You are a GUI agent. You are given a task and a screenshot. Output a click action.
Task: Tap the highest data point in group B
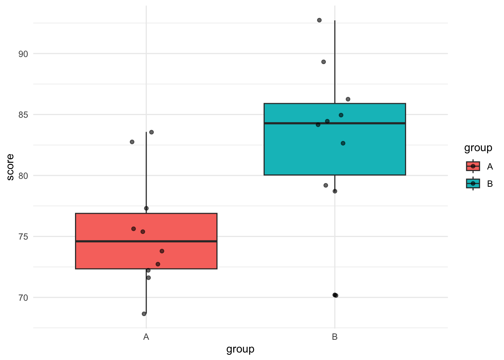pos(319,20)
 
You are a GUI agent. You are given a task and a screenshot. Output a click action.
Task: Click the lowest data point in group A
pos(144,313)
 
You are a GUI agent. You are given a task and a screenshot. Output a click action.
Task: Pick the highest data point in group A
pos(151,132)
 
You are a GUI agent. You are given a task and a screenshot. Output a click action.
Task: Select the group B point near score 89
pos(323,62)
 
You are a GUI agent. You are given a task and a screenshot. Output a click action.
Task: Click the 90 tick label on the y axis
pos(23,54)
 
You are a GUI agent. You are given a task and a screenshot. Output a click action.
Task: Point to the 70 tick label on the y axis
pos(23,298)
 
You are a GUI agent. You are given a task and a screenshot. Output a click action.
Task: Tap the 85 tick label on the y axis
pos(23,115)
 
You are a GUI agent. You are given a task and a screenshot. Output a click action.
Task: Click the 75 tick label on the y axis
pos(23,237)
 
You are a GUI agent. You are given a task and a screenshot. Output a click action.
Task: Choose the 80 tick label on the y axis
pos(23,176)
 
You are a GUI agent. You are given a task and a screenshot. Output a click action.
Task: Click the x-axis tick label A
pos(146,337)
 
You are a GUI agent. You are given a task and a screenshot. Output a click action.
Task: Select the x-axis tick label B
pos(335,337)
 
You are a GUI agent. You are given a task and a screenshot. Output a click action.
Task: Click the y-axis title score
pos(10,167)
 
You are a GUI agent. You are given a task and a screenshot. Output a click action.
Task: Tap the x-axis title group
pos(240,349)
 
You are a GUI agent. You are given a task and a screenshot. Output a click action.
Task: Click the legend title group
pos(478,148)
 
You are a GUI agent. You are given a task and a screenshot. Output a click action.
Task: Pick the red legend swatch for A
pos(473,166)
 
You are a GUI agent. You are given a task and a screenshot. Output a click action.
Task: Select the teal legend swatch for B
pos(473,183)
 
